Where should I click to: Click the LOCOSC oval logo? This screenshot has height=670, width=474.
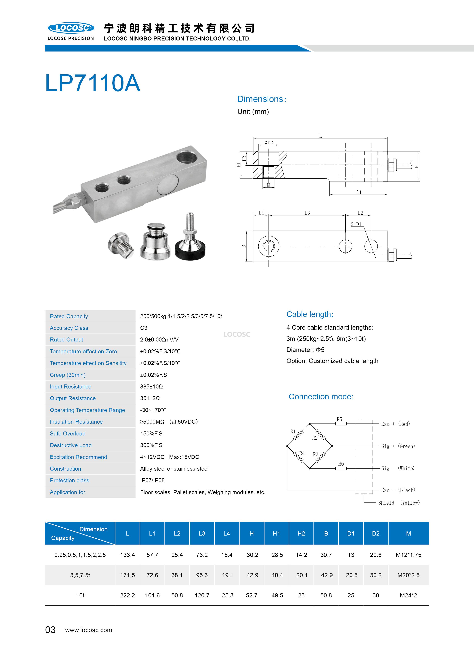click(x=71, y=28)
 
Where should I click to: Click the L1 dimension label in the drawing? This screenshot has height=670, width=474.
click(x=359, y=192)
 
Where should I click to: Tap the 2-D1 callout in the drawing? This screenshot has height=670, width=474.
click(x=356, y=224)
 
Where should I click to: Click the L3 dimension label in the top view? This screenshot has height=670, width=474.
click(x=307, y=213)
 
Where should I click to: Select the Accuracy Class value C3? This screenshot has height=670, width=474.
click(x=144, y=328)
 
